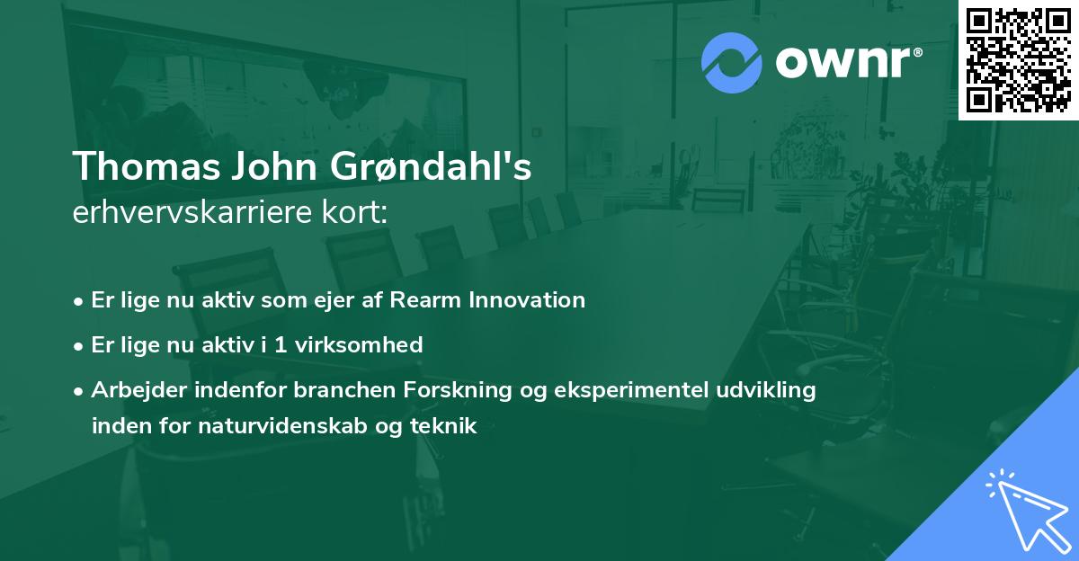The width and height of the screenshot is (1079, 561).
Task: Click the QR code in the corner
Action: tap(1018, 60)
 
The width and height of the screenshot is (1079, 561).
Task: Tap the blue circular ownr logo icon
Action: tap(732, 62)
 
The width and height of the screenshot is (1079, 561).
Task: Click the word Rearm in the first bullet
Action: tap(426, 300)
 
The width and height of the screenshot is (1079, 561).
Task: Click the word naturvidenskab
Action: tap(302, 426)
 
